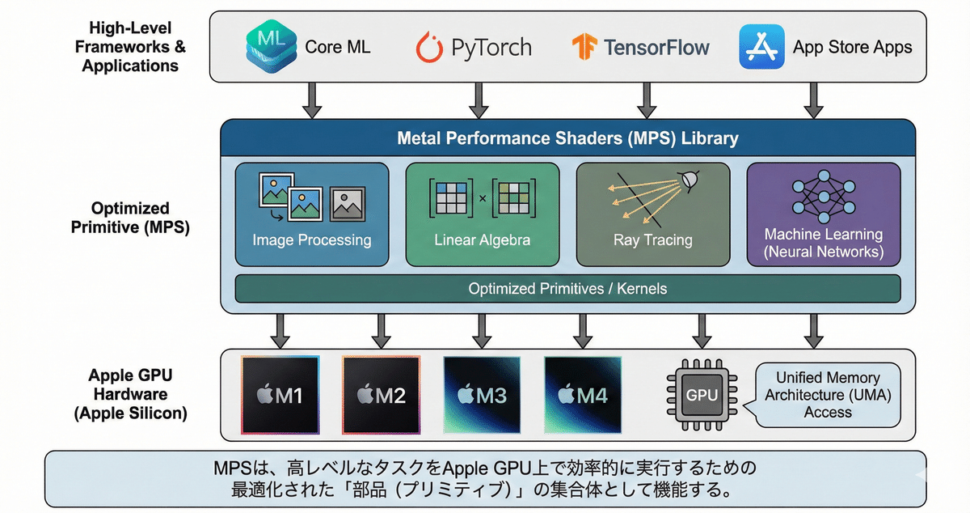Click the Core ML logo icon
tap(270, 47)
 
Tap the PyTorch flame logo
tap(431, 47)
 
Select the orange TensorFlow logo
tap(584, 47)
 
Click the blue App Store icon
tap(761, 47)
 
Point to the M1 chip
tap(280, 395)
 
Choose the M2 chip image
tap(381, 395)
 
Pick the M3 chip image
tap(482, 395)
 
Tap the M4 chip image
tap(582, 395)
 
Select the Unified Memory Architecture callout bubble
tap(828, 394)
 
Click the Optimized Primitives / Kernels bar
tap(567, 288)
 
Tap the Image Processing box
tap(311, 214)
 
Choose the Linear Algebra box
tap(482, 214)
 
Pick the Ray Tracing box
tap(652, 214)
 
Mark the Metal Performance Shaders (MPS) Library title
tap(567, 138)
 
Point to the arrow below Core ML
tap(311, 101)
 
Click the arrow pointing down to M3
tap(482, 331)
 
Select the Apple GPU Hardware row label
tap(130, 395)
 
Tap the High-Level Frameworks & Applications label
tap(130, 46)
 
